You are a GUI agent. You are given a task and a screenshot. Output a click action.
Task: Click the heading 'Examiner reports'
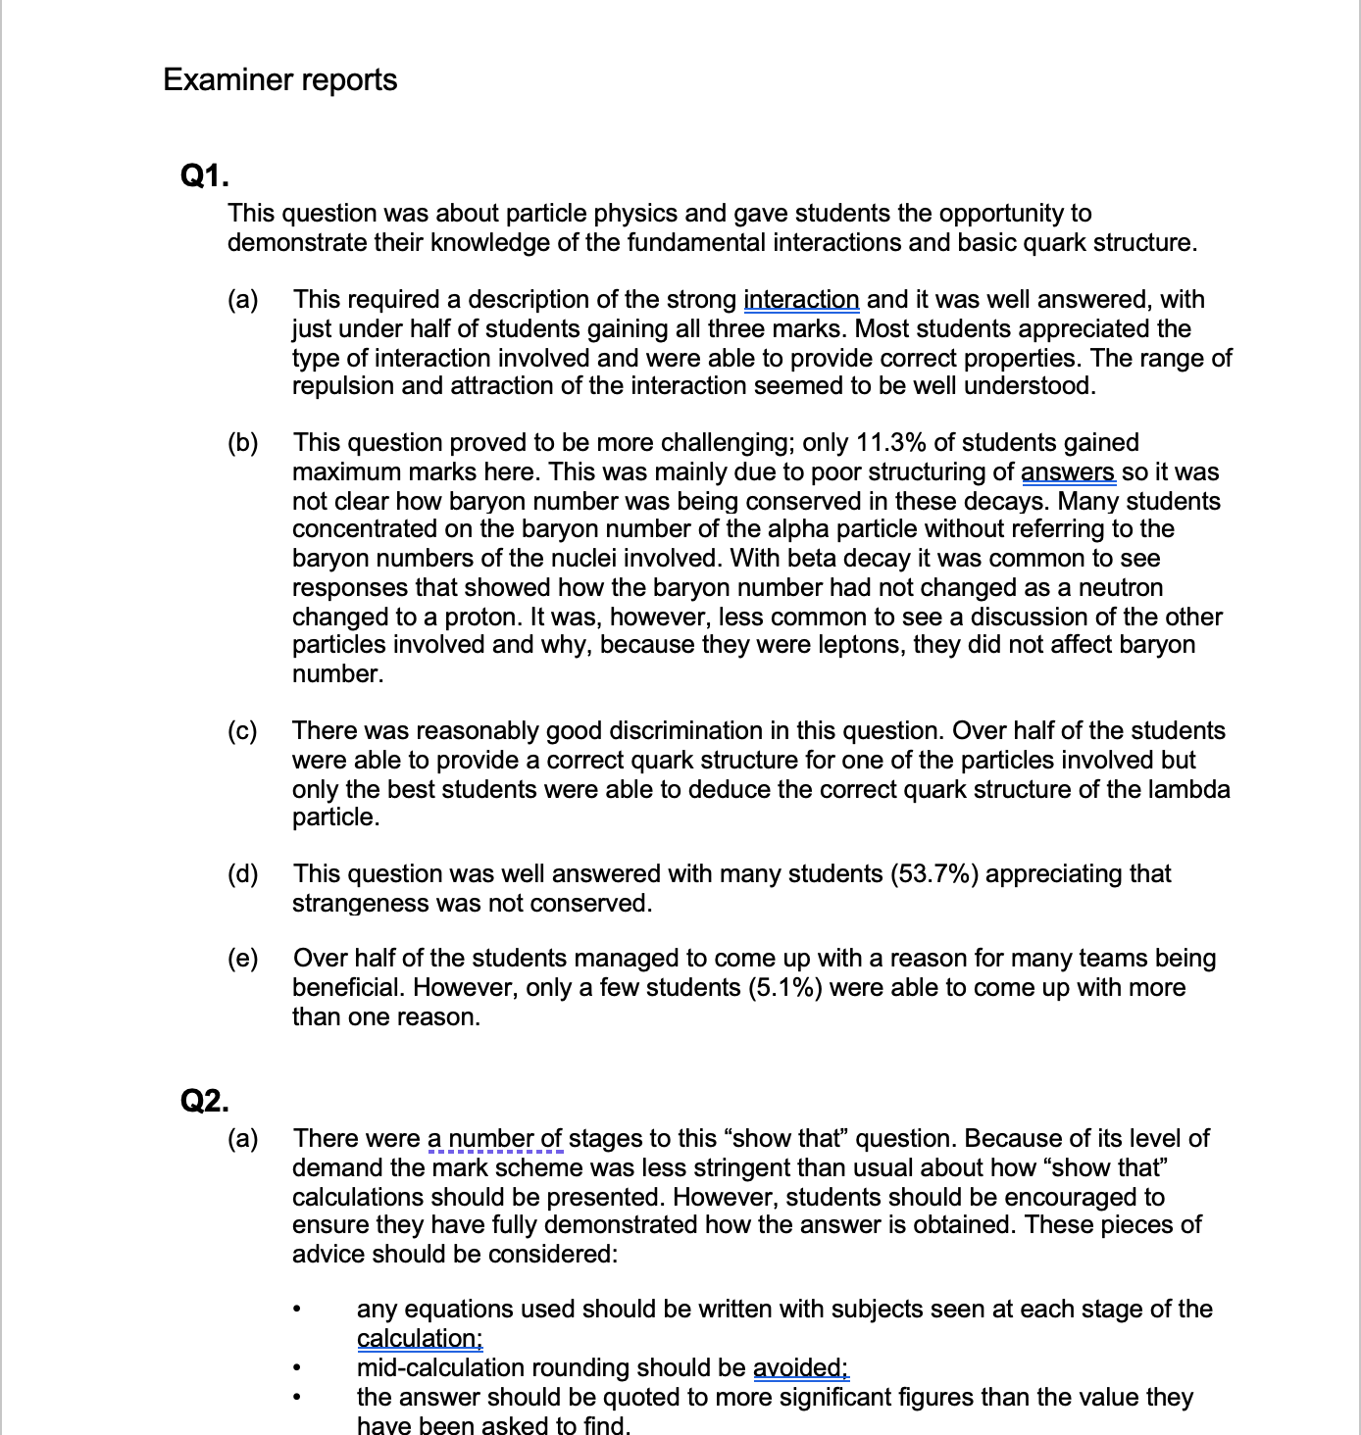click(279, 79)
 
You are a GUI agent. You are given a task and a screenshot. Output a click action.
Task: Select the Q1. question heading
click(205, 176)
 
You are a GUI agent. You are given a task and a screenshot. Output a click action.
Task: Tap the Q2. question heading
click(205, 1101)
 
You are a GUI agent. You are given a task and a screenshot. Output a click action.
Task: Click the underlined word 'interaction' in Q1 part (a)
click(801, 300)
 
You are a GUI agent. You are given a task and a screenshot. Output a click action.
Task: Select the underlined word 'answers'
click(1068, 472)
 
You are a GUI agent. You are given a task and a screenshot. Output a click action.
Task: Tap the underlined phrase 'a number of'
click(495, 1139)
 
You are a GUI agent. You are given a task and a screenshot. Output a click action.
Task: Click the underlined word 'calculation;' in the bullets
click(420, 1339)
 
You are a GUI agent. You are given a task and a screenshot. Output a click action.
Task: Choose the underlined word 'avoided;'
click(800, 1368)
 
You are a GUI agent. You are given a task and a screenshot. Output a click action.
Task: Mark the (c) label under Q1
click(242, 731)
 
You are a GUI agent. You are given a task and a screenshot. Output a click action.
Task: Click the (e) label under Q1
click(242, 959)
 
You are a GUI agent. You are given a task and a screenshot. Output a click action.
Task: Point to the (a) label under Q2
click(242, 1139)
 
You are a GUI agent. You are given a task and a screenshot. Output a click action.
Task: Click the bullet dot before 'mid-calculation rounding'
click(295, 1368)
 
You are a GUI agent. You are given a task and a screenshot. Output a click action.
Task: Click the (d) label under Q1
click(242, 874)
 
